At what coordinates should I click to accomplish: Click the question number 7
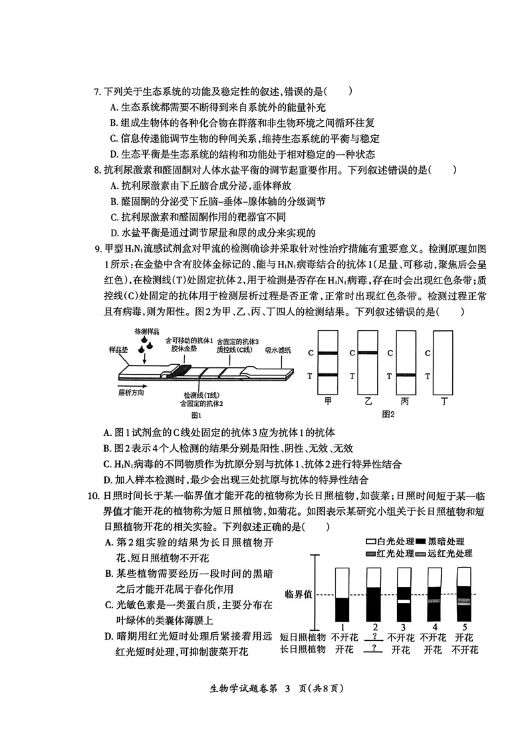pos(96,92)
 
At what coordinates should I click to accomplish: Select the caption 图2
pos(388,414)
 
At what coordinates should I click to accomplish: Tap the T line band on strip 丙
pos(405,377)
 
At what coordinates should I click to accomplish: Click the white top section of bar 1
pos(342,582)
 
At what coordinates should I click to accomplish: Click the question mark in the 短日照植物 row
pos(376,637)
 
